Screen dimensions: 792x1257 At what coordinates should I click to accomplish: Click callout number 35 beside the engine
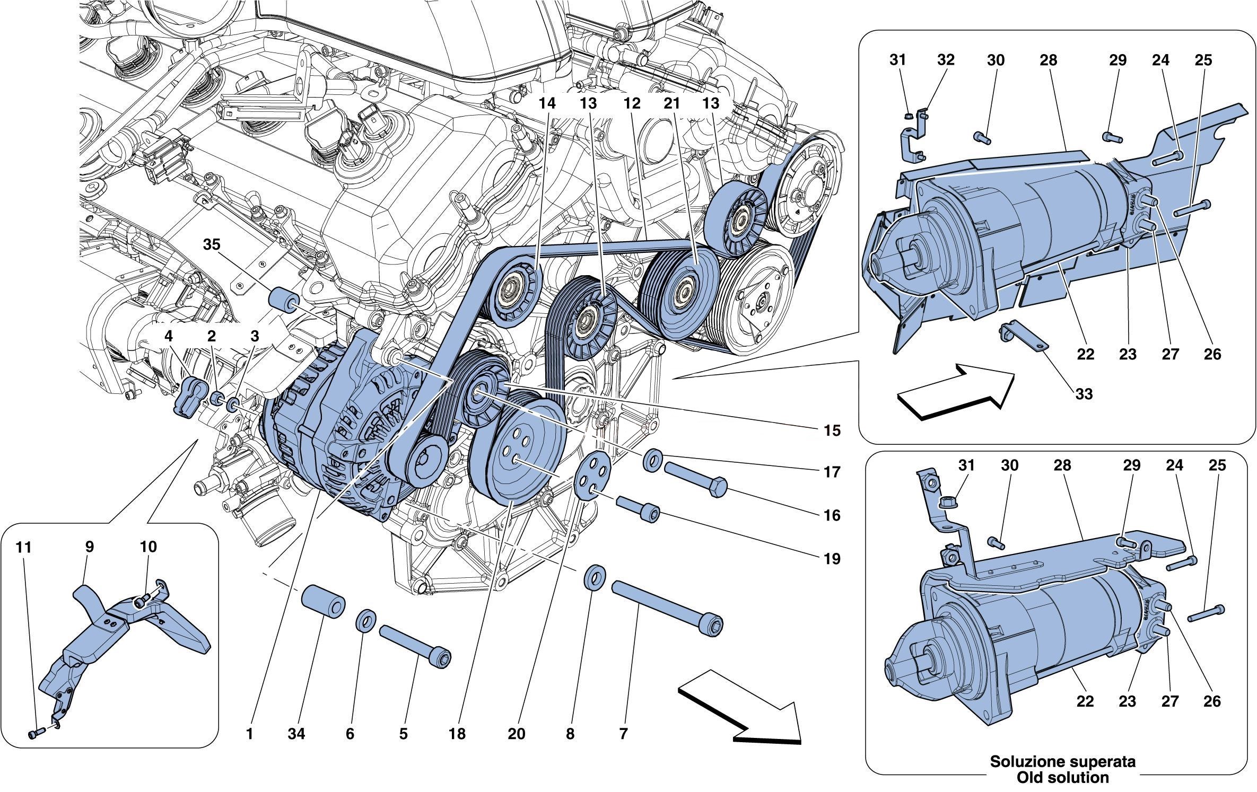[213, 245]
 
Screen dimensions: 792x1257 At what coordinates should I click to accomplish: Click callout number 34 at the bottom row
[297, 734]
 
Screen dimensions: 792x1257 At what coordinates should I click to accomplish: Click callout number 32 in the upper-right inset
[946, 60]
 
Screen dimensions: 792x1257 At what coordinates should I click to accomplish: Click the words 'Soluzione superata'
[1055, 762]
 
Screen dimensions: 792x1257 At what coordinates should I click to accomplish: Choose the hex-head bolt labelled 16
[695, 480]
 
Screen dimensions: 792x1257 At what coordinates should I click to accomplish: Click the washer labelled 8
[595, 576]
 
